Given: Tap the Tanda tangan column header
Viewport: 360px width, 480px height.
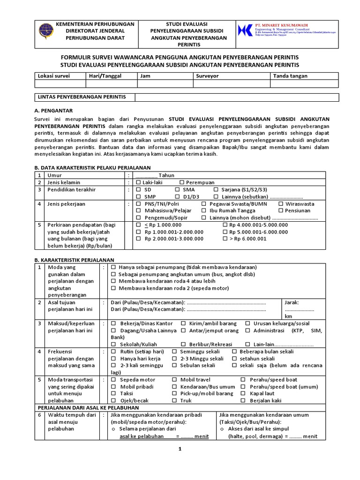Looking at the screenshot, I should point(287,75).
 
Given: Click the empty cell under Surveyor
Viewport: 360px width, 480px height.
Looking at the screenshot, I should point(230,84).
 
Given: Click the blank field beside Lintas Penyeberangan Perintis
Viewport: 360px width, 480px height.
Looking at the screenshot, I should point(236,97).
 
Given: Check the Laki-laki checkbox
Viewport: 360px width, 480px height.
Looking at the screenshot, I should point(138,182).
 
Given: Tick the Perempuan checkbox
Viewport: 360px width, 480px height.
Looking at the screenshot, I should point(182,182).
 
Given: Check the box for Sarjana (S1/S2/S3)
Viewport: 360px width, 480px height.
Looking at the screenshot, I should point(216,189).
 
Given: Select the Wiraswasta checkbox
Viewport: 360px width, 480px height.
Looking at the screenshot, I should point(281,204).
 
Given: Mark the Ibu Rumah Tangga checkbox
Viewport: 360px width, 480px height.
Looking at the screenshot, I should point(204,211).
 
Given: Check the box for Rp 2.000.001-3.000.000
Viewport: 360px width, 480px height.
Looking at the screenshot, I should point(138,239).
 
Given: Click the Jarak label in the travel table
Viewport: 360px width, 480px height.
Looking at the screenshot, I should point(292,302).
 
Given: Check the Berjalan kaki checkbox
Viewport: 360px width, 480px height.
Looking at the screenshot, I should point(243,401).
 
